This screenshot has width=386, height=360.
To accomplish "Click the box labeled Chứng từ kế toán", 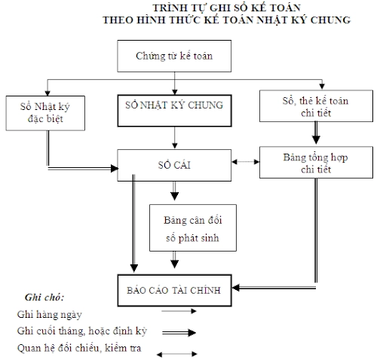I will click(x=176, y=55).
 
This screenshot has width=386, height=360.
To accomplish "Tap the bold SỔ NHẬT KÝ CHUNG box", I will click(x=174, y=106).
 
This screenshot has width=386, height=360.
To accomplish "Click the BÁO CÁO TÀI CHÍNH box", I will click(x=173, y=291).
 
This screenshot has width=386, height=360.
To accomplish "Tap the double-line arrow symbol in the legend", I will click(x=176, y=331).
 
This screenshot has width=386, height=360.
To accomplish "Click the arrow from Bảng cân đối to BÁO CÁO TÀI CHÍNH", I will click(x=175, y=261).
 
